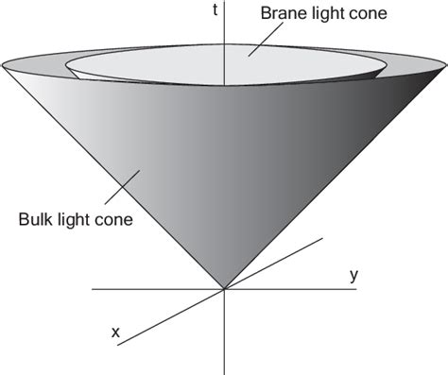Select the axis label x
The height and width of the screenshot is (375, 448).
pos(115,332)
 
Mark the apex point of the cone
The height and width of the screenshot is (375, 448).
pos(225,289)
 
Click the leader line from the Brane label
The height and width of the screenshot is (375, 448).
pos(264,38)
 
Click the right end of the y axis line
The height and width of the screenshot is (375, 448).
pos(357,289)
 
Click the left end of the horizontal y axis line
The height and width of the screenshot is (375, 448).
pos(91,289)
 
